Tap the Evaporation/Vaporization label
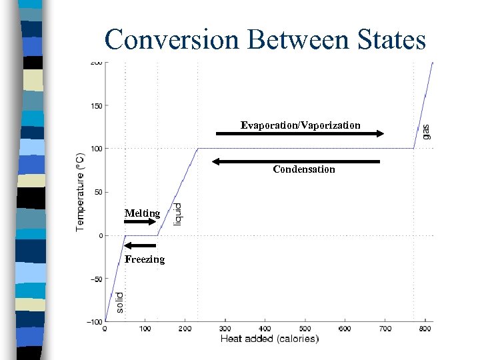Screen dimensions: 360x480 click(x=301, y=125)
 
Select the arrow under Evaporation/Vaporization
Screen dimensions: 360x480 click(x=300, y=134)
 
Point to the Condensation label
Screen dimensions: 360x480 click(x=304, y=169)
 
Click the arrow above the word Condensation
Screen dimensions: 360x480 click(x=295, y=161)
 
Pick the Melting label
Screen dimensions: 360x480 click(x=142, y=213)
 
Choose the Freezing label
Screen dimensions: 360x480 click(x=144, y=259)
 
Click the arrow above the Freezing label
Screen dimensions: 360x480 click(x=141, y=245)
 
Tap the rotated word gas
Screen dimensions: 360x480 click(x=426, y=131)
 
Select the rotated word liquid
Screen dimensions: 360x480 click(x=177, y=213)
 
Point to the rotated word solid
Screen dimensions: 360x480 click(x=119, y=302)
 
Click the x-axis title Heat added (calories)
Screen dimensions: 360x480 click(x=269, y=339)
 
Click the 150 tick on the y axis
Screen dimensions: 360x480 click(x=96, y=105)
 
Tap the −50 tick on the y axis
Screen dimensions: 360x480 click(x=95, y=279)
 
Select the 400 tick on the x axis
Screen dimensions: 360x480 click(x=265, y=329)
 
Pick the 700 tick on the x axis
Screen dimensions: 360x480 click(x=385, y=329)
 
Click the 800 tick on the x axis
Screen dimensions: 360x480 click(x=425, y=329)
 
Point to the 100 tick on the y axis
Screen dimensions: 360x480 click(x=96, y=149)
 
